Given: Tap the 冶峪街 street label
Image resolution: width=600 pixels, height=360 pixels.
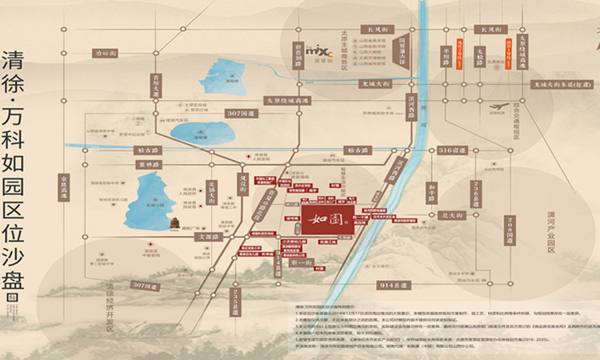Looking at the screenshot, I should (x=104, y=53).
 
